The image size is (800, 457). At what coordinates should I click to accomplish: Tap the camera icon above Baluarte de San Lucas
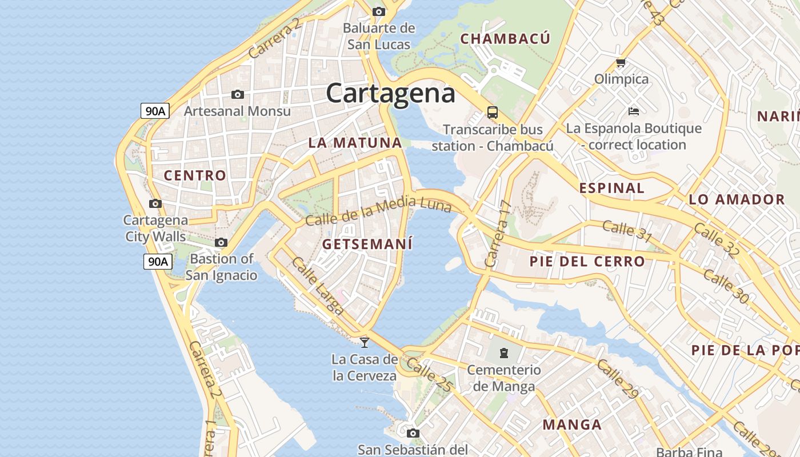click(378, 11)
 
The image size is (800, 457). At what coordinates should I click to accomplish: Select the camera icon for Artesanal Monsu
click(238, 94)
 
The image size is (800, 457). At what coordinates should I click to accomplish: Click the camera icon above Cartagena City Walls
click(155, 203)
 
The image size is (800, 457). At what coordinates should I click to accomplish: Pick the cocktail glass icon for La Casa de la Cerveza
click(365, 342)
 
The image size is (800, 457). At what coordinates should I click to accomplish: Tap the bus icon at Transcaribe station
click(492, 112)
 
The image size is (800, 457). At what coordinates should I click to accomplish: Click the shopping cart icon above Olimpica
click(621, 62)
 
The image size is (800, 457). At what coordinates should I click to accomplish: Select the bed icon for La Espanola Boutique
click(633, 111)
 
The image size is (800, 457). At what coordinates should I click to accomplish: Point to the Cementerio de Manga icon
click(503, 353)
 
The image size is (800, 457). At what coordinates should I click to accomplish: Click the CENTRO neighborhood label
click(195, 175)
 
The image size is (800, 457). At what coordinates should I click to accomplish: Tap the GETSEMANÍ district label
click(367, 244)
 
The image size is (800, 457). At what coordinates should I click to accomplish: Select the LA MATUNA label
click(355, 143)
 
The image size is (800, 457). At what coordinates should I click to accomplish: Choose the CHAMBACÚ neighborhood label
click(505, 39)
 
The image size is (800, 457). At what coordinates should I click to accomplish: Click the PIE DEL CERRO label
click(587, 262)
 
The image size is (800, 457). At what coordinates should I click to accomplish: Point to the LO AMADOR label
click(737, 199)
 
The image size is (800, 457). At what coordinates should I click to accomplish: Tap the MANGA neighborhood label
click(572, 424)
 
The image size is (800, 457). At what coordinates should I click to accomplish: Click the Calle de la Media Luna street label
click(378, 211)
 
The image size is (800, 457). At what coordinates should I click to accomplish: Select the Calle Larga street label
click(318, 286)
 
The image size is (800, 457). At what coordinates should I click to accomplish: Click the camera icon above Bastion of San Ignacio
click(221, 243)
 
